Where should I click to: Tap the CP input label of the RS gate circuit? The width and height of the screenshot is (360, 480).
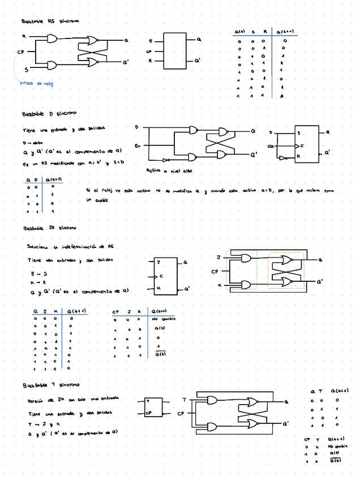pos(20,52)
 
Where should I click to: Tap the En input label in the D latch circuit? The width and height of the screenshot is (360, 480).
pos(138,146)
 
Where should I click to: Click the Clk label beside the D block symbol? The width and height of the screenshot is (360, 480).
pos(271,145)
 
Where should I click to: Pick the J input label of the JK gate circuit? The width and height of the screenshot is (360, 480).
pos(219,258)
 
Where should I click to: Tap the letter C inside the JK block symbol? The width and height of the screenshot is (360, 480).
pos(161,276)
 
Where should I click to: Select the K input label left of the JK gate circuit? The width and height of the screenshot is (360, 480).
pos(220,285)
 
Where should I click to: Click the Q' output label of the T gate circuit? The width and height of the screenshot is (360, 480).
pos(286,423)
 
